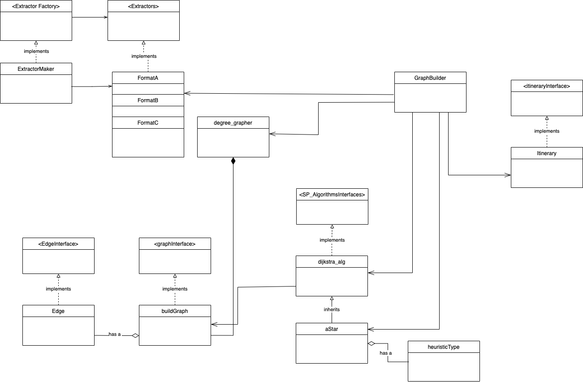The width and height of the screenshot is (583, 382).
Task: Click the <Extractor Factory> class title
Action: tap(36, 6)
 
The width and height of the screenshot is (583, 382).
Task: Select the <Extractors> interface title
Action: tap(143, 6)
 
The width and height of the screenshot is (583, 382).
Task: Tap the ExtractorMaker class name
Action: tap(36, 69)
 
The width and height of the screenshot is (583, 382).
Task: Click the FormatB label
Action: tap(148, 100)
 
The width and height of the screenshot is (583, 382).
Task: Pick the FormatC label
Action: tap(148, 122)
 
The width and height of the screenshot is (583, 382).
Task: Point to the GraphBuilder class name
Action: tap(430, 78)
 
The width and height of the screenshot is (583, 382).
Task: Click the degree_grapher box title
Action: tap(233, 122)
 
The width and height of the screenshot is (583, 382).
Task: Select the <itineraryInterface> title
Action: tap(547, 86)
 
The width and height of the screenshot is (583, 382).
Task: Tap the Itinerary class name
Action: tap(547, 153)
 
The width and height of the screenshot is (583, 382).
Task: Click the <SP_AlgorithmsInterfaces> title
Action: tap(332, 194)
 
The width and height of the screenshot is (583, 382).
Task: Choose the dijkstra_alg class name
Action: tap(332, 261)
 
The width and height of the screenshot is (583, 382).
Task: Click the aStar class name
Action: tap(332, 329)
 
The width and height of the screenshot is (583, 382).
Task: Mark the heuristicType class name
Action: tap(444, 347)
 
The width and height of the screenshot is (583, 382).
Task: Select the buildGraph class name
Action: tap(175, 311)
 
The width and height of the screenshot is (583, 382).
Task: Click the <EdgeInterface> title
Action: tap(58, 243)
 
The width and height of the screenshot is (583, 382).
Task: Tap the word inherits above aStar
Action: tap(332, 309)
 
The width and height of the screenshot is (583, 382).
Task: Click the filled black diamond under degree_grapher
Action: tap(233, 161)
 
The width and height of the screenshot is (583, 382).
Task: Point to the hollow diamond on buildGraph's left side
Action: tap(135, 335)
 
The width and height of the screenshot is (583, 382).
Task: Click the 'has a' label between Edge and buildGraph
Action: tap(115, 334)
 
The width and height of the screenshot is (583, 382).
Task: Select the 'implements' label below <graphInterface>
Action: tap(175, 289)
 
